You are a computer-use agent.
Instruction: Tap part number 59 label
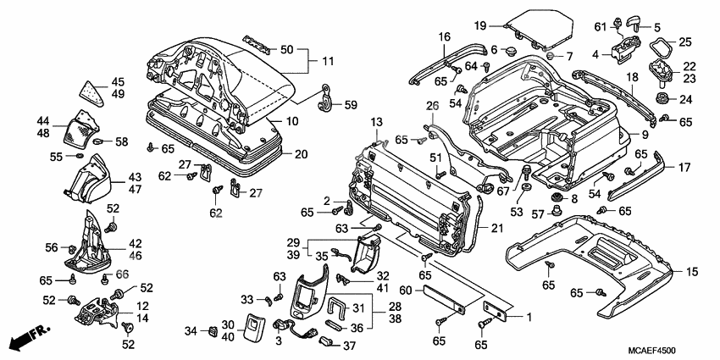349,105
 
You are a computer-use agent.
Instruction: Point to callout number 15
691,271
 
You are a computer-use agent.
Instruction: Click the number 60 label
405,290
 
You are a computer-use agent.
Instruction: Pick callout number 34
191,330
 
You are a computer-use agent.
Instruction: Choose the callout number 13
376,122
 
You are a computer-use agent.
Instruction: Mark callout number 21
496,229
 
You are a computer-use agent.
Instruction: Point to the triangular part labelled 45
91,89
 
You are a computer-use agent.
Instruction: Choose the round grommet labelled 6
512,52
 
